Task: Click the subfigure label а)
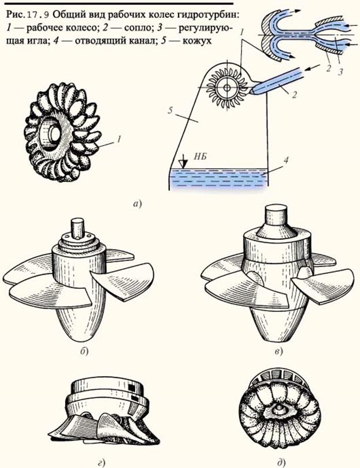pos(138,204)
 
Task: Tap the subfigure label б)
pos(84,351)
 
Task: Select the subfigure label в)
pos(278,352)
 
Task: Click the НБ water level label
pos(202,157)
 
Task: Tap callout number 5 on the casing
pos(170,111)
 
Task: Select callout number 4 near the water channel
pos(285,160)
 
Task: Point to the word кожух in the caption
pos(197,40)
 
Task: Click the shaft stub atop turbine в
pos(276,215)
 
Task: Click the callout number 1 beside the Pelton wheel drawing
pos(118,139)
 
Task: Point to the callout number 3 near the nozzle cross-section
pos(340,72)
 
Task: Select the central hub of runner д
pos(280,413)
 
